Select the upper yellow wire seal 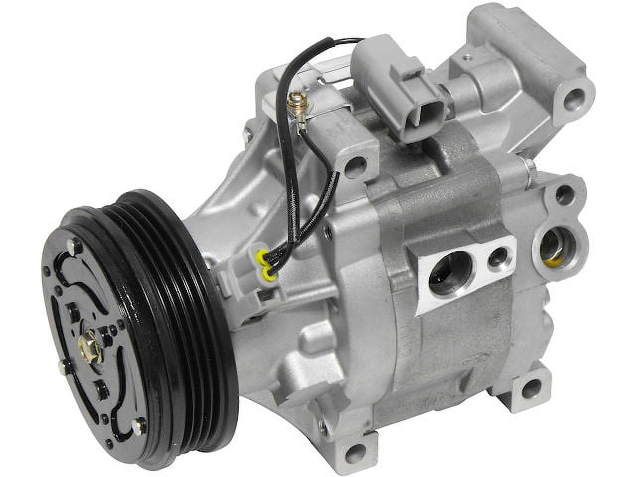pos(258,257)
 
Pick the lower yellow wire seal pos(268,271)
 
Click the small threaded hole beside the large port pos(497,257)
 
